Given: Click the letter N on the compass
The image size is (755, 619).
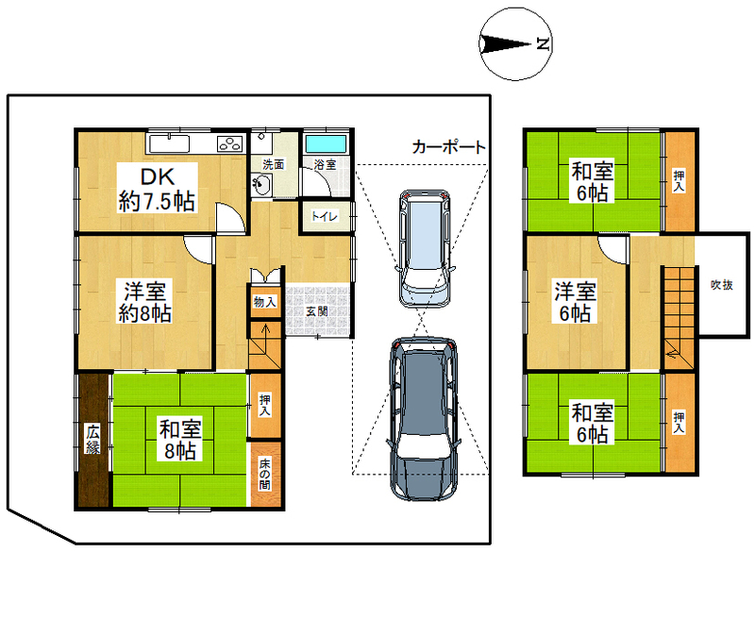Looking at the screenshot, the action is tap(544, 44).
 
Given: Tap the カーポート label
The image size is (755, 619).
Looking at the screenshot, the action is tap(449, 147).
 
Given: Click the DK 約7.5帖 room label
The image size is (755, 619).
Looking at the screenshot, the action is tap(157, 190).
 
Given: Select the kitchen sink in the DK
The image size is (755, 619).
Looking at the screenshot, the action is tap(169, 144).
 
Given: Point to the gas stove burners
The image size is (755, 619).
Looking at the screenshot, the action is tap(230, 143).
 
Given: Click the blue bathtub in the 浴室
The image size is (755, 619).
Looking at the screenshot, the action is tap(326, 143).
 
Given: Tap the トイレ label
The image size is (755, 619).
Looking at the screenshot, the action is tap(324, 216).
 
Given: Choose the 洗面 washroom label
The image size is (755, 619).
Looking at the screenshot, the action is tap(273, 164).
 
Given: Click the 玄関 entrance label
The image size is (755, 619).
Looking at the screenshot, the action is tap(317, 311).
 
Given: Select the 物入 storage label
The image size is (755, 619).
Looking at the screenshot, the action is tap(265, 302).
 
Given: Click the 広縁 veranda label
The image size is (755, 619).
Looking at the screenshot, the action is tap(92, 439).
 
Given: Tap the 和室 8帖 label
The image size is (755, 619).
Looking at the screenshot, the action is tap(180, 440).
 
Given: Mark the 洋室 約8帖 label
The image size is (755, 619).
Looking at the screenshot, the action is tap(145, 303).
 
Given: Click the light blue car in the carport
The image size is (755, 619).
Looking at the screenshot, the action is tap(425, 248).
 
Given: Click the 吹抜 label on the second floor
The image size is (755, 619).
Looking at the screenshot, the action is tap(722, 285).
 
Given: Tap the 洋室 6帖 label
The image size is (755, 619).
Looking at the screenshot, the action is tap(576, 303).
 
